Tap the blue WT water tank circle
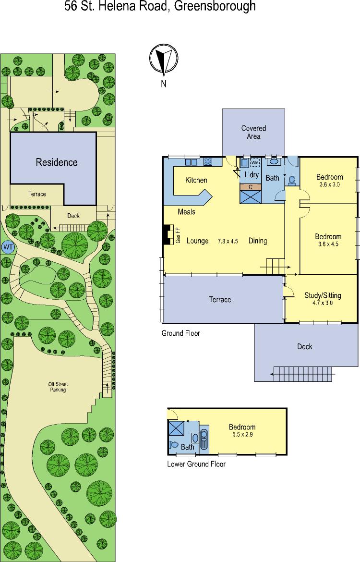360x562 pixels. [8, 247]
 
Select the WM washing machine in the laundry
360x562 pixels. [255, 163]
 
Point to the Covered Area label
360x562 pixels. [253, 132]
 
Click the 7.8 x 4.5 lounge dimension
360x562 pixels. [228, 241]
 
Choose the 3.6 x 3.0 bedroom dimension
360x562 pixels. [329, 184]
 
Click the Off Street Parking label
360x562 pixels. [58, 387]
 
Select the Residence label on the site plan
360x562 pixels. [57, 162]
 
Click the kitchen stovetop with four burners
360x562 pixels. [208, 162]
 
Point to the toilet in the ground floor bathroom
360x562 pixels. [292, 179]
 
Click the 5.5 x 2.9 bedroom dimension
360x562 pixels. [242, 434]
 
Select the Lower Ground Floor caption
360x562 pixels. [196, 464]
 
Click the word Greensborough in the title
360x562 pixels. [215, 6]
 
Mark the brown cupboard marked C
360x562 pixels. [251, 187]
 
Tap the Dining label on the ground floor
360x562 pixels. [258, 241]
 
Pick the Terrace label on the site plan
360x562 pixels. [37, 194]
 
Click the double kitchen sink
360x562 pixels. [192, 162]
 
